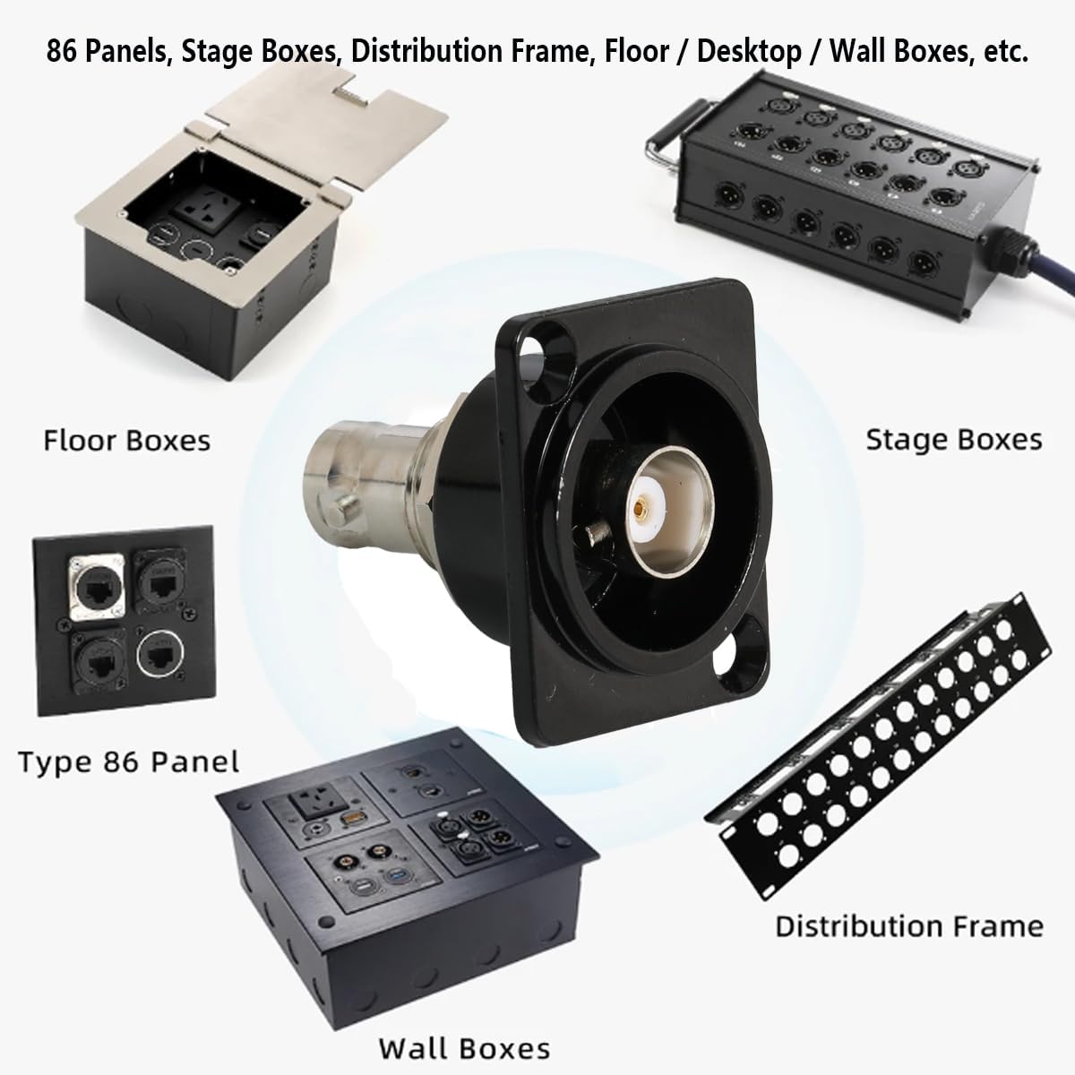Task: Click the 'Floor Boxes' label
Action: pyautogui.click(x=126, y=441)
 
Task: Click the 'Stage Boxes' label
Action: pyautogui.click(x=953, y=439)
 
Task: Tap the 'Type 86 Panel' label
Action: pyautogui.click(x=129, y=762)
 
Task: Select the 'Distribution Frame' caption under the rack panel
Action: pyautogui.click(x=909, y=925)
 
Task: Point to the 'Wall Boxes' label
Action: pyautogui.click(x=463, y=1047)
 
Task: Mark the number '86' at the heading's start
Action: pyautogui.click(x=66, y=52)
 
